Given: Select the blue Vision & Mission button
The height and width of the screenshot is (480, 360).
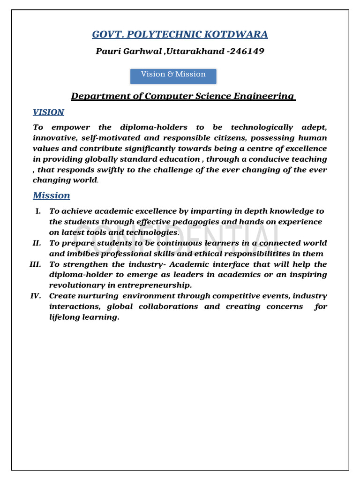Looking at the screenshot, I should pyautogui.click(x=173, y=75).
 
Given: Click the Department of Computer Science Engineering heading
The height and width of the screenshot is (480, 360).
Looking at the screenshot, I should pyautogui.click(x=183, y=96).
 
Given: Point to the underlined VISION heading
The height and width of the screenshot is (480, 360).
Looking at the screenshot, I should pyautogui.click(x=48, y=112).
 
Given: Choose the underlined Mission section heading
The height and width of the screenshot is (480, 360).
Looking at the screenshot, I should pyautogui.click(x=52, y=195).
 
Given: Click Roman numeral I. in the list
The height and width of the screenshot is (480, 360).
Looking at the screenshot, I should pyautogui.click(x=38, y=211).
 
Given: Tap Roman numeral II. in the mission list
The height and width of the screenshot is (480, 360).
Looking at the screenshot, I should pyautogui.click(x=37, y=243).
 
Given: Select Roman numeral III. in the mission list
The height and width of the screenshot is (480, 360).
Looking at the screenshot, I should pyautogui.click(x=36, y=264).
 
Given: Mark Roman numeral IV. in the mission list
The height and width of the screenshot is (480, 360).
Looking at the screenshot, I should pyautogui.click(x=36, y=296).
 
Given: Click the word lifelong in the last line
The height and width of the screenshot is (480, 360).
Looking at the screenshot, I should pyautogui.click(x=65, y=317).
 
